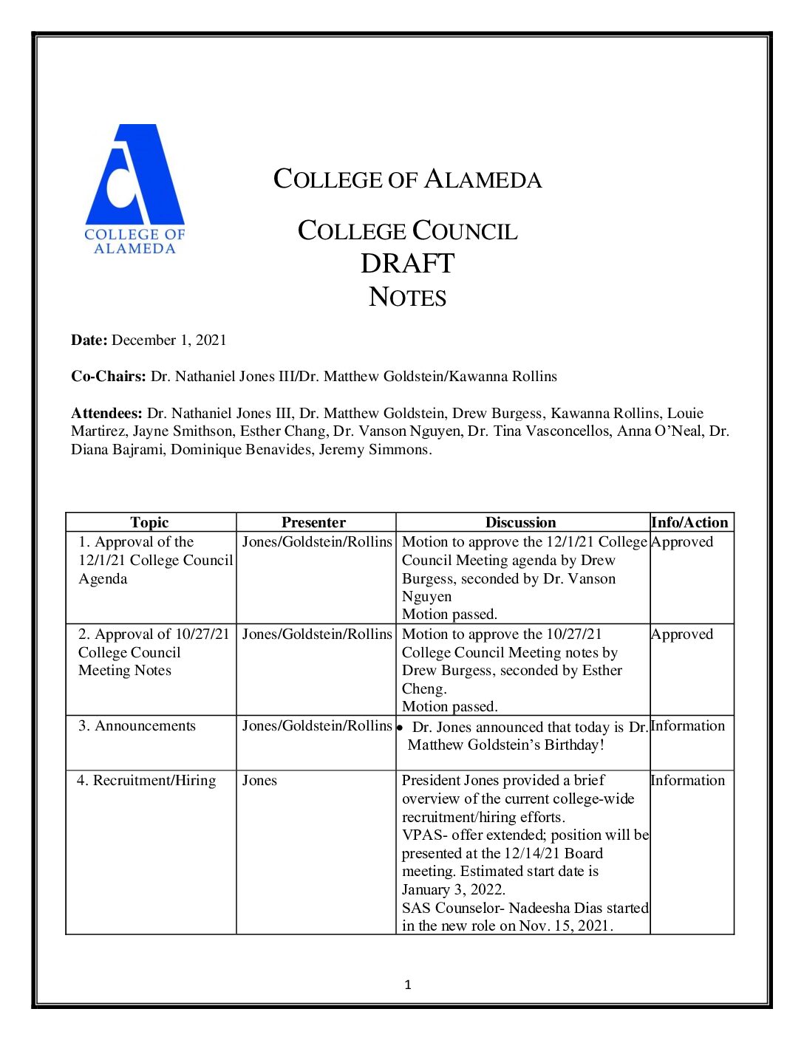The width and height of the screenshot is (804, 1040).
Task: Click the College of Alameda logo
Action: [134, 189]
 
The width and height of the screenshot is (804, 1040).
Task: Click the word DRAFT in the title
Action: [407, 264]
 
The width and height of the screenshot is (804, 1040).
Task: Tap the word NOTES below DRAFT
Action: [407, 297]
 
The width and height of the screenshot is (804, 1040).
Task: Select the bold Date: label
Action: [89, 341]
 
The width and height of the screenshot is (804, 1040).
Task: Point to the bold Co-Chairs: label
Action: [109, 377]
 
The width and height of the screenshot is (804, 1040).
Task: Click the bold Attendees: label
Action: [106, 414]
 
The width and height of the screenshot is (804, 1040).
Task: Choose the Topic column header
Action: [149, 522]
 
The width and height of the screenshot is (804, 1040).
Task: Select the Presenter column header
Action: [313, 522]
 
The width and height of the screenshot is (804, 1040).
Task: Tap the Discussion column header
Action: [520, 522]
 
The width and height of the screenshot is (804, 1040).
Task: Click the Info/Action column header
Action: [689, 522]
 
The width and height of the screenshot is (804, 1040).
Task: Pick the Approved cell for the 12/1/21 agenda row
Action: [682, 542]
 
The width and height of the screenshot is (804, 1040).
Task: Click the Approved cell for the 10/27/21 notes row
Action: [682, 634]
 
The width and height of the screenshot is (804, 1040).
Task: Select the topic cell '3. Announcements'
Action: [137, 726]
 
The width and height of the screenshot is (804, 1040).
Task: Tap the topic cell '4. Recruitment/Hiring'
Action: [146, 781]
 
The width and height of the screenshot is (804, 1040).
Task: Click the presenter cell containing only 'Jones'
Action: [259, 781]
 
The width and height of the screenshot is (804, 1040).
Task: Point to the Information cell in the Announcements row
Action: [688, 726]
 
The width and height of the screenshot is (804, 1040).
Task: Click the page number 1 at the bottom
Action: [408, 985]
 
